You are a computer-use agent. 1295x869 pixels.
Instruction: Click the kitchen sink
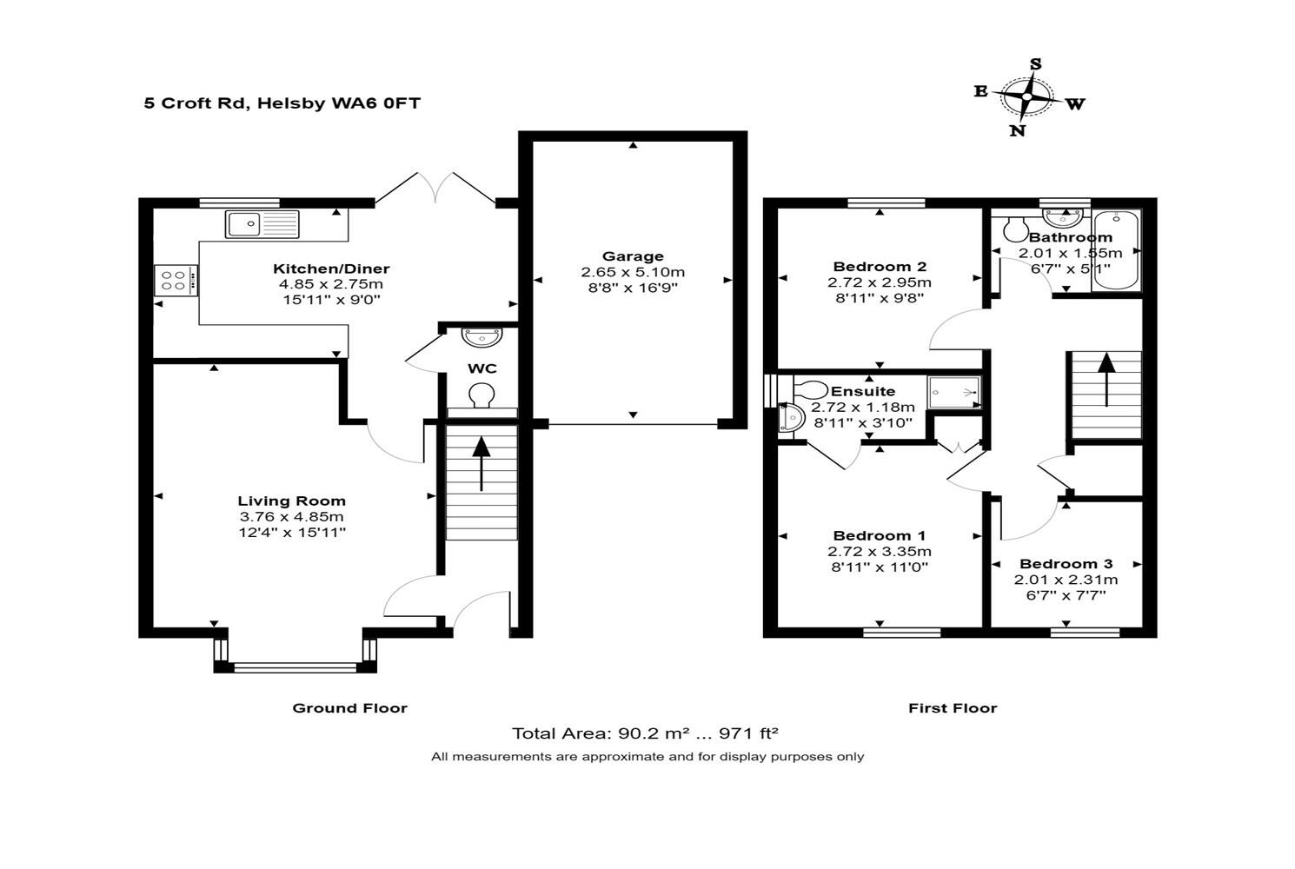(x=262, y=224)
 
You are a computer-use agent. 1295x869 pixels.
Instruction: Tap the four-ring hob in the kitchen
(x=176, y=281)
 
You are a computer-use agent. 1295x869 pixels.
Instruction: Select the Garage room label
(x=633, y=256)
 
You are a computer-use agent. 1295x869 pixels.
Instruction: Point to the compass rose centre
(x=1026, y=96)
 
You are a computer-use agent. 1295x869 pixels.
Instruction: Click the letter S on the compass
(x=1035, y=63)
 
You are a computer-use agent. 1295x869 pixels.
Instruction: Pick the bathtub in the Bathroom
(x=1116, y=249)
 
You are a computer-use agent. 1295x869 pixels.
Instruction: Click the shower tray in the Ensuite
(x=954, y=392)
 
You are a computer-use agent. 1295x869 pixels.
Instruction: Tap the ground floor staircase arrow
(x=481, y=464)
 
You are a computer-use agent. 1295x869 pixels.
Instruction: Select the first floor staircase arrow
(x=1106, y=379)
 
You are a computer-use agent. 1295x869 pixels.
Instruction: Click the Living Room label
(x=291, y=501)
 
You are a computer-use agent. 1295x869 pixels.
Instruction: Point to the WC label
(x=481, y=368)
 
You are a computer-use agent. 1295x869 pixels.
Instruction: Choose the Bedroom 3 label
(x=1066, y=564)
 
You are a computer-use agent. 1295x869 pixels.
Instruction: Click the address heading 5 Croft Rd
(x=196, y=103)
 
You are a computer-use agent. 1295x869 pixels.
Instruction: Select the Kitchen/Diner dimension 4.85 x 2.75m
(x=330, y=284)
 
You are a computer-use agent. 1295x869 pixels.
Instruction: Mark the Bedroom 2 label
(x=880, y=267)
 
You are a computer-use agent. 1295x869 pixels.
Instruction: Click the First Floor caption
(x=953, y=708)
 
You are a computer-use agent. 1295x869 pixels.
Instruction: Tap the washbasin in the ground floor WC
(x=481, y=336)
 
